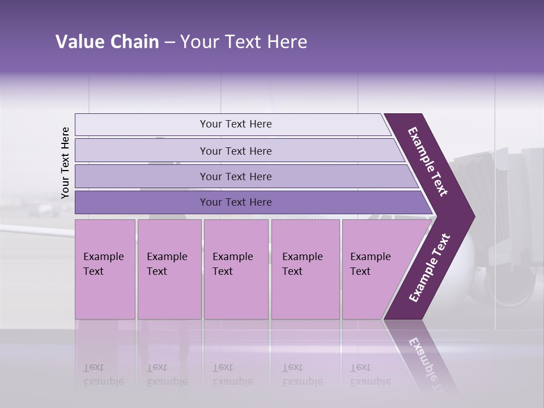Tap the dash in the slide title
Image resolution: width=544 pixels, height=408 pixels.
[169, 42]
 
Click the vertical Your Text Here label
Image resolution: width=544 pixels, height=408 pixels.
[65, 163]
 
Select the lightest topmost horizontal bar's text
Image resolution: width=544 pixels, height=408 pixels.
[236, 124]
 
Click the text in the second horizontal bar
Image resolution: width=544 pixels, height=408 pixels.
[236, 151]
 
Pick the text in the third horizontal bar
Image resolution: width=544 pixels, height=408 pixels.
[236, 176]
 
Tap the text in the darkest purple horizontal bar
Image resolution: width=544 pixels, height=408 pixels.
[236, 202]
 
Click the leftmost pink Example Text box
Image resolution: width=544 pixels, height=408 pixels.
[105, 269]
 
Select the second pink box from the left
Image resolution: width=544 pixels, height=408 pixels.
[169, 269]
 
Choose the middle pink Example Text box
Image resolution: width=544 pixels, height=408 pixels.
[236, 269]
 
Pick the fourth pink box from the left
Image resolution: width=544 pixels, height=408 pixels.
[305, 269]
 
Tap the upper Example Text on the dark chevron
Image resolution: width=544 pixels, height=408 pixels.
[428, 161]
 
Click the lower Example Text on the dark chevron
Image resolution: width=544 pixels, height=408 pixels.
[430, 268]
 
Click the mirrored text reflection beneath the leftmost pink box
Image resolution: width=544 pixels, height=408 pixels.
[104, 375]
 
